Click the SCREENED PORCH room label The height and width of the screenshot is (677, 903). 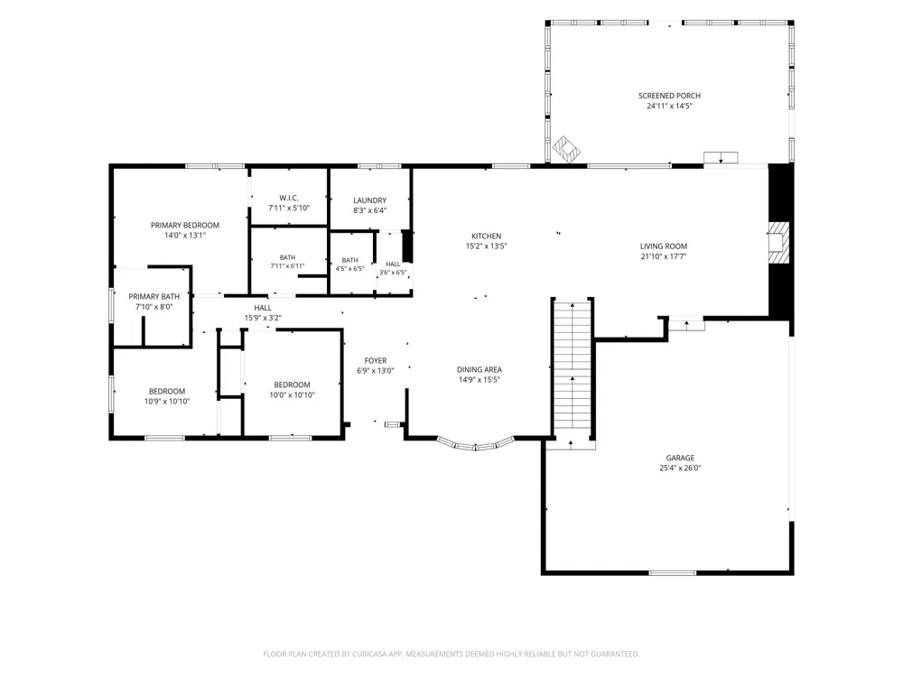point(669,96)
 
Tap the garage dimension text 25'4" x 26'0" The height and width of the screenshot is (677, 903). point(680,468)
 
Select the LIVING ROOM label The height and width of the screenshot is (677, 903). point(664,246)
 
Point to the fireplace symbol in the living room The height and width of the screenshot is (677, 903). point(778,243)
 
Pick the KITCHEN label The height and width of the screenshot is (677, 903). point(487,236)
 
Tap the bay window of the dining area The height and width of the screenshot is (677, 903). point(476,444)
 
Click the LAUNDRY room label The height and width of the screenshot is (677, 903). point(369,200)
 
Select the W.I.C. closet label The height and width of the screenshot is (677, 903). point(289,198)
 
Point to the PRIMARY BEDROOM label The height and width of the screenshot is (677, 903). point(185,225)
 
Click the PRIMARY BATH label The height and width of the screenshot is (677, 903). point(154,296)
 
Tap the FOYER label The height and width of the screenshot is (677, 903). point(376,361)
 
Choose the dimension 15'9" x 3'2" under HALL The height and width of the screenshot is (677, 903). point(263,318)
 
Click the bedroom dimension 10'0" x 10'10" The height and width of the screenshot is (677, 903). point(292,395)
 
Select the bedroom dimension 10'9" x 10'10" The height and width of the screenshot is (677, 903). point(167,402)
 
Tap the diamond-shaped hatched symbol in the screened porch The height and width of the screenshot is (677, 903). point(566,149)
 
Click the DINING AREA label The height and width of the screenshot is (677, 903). point(479,369)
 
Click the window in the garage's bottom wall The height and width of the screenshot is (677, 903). point(673,573)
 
